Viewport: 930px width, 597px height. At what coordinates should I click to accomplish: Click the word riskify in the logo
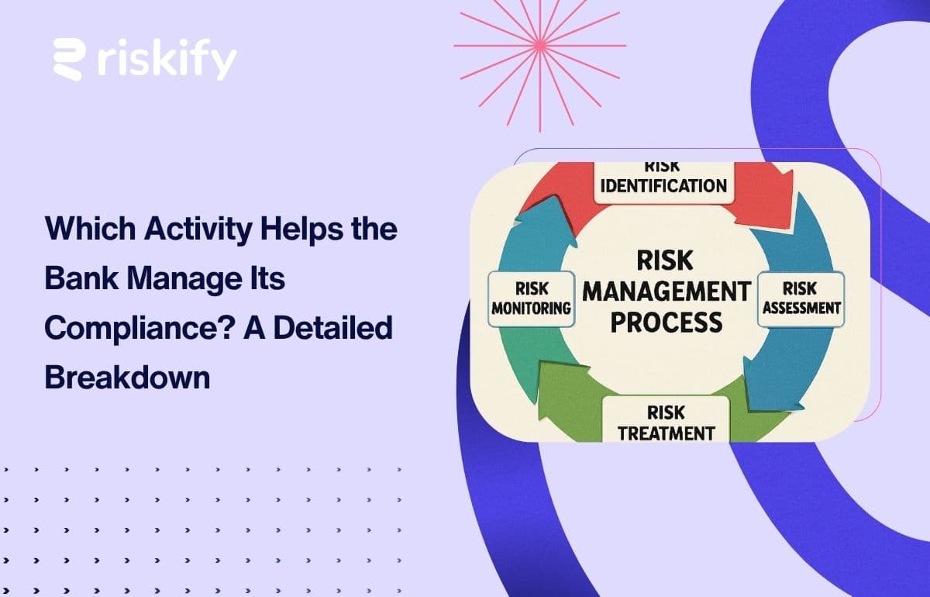pyautogui.click(x=167, y=60)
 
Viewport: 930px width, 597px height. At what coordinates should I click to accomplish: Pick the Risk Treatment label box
pyautogui.click(x=666, y=420)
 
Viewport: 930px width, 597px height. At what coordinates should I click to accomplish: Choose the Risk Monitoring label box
pyautogui.click(x=532, y=298)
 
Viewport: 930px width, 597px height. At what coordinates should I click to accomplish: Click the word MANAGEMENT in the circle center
pyautogui.click(x=666, y=292)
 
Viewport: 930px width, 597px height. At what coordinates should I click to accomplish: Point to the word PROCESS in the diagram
pyautogui.click(x=666, y=321)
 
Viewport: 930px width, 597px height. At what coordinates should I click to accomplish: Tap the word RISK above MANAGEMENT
pyautogui.click(x=666, y=261)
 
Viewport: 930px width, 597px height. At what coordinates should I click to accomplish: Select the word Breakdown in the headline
pyautogui.click(x=127, y=377)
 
